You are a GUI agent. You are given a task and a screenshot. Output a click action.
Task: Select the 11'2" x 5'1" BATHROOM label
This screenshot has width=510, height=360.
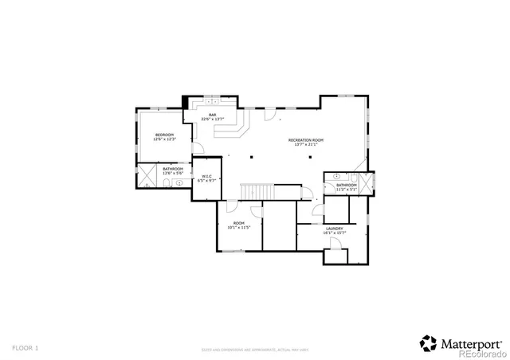coord(346,187)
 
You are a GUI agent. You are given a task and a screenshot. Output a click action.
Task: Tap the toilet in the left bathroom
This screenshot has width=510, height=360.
coord(162,182)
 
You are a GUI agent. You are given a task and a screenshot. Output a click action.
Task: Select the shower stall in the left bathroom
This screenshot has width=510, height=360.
coord(146,176)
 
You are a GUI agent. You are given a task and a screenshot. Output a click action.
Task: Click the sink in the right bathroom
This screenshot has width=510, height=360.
coord(337,176)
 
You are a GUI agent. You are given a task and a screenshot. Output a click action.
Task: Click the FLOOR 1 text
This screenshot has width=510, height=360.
coord(25,348)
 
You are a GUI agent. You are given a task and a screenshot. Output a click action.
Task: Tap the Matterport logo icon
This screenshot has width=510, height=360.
coord(428,342)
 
